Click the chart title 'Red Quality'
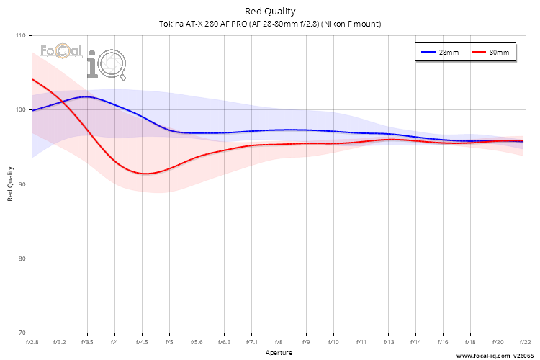point(270,11)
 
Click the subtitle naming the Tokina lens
point(270,24)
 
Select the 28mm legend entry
point(440,53)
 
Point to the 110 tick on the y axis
point(20,36)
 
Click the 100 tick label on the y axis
point(20,110)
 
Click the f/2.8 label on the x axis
point(32,342)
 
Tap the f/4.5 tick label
point(142,342)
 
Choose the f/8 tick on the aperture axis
point(279,342)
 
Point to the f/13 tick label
point(389,342)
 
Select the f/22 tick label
point(523,342)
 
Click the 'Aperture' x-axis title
point(279,353)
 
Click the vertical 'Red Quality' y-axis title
point(10,184)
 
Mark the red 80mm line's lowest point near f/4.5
point(145,174)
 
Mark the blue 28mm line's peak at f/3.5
point(86,96)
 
